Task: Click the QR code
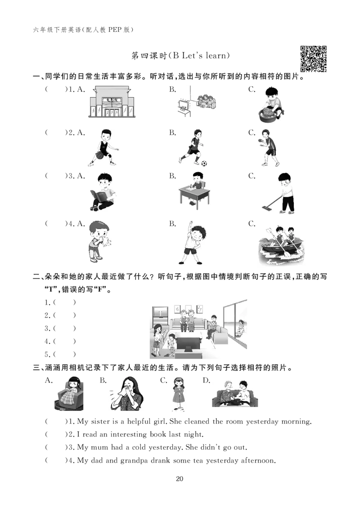[315, 59]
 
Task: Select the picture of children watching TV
[198, 101]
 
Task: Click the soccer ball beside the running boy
[204, 164]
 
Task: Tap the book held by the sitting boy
[98, 196]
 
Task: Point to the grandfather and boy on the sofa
[234, 392]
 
